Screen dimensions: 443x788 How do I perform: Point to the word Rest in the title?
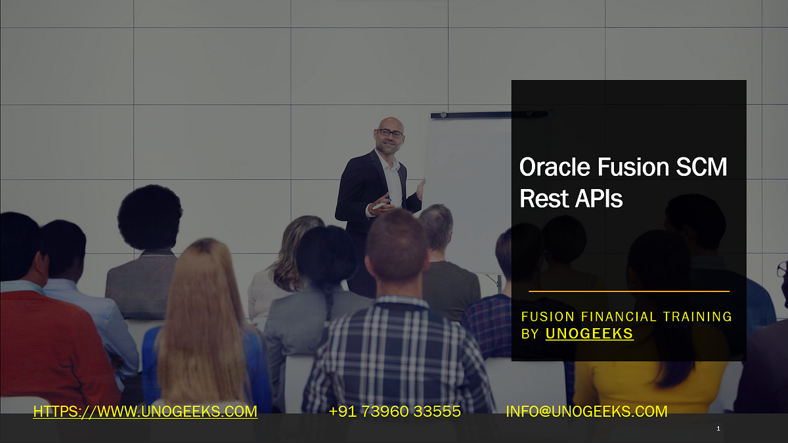(540, 198)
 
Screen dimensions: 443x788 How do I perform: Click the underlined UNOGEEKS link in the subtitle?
(589, 333)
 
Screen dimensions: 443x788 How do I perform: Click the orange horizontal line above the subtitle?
(628, 291)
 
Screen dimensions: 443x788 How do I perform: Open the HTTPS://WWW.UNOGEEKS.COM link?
(145, 411)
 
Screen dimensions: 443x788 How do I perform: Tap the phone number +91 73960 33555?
(394, 411)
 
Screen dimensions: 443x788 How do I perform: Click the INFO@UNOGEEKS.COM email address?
(586, 411)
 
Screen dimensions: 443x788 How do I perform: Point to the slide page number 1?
(718, 429)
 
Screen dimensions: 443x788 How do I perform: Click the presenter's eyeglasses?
(390, 133)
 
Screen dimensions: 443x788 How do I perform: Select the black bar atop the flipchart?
(489, 115)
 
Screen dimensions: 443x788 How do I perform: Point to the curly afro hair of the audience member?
(150, 217)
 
